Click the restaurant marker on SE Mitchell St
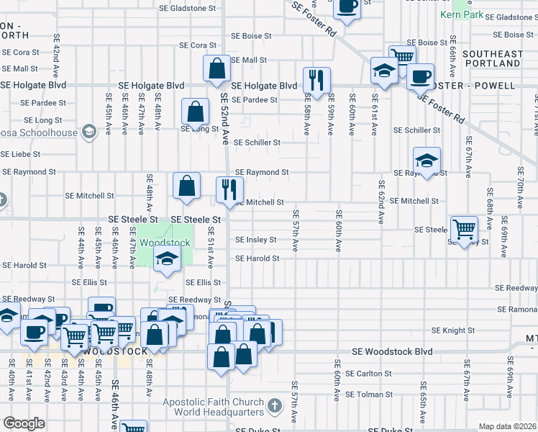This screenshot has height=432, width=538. (228, 189)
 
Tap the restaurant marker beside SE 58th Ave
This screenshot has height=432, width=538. (317, 79)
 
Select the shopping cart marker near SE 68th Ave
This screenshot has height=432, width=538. (465, 229)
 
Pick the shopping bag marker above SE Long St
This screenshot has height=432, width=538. (196, 112)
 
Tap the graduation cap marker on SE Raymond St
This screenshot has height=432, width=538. (427, 161)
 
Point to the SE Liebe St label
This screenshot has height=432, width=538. (20, 154)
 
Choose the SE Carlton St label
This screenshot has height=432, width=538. (368, 374)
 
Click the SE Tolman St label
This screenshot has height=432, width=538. (368, 394)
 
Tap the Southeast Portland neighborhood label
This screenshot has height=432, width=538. (493, 58)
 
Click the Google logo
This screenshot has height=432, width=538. (24, 423)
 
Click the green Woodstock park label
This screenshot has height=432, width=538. (165, 243)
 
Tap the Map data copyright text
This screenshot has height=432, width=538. (508, 426)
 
